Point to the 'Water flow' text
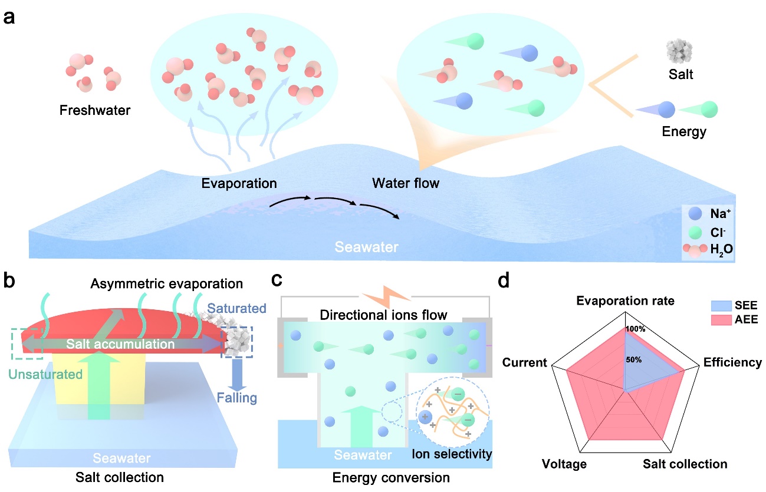[406, 183]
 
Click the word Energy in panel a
[685, 131]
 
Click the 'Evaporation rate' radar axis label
[625, 301]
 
